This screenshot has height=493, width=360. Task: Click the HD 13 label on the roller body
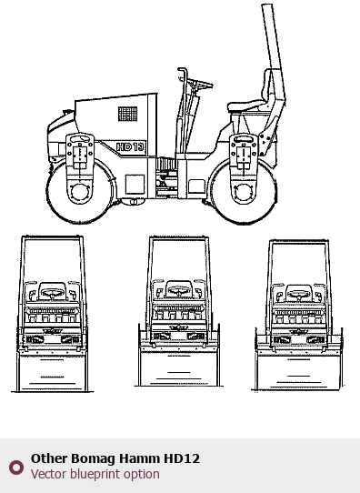[130, 147]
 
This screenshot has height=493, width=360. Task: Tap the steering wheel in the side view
[199, 84]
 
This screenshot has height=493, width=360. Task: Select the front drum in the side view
[80, 191]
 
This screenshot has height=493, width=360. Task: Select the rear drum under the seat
[244, 192]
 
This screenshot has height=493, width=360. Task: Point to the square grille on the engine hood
[128, 114]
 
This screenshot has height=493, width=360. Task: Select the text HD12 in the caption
[182, 458]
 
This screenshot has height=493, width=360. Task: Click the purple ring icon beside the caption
[16, 468]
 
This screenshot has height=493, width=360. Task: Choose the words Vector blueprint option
[95, 474]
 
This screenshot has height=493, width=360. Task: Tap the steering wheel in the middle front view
[179, 290]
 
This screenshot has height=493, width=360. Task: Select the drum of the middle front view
[179, 369]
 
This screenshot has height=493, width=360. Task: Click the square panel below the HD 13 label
[135, 185]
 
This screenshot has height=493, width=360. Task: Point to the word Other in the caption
[49, 458]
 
